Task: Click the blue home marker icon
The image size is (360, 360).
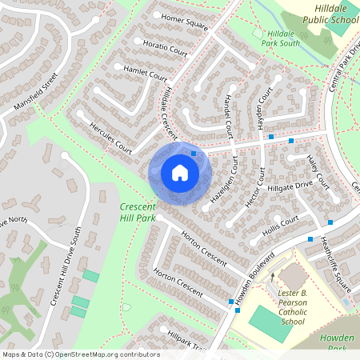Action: click(x=180, y=172)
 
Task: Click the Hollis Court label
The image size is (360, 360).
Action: click(x=280, y=225)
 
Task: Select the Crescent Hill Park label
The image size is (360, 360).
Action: click(x=137, y=212)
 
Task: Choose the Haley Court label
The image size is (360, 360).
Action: click(x=318, y=172)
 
